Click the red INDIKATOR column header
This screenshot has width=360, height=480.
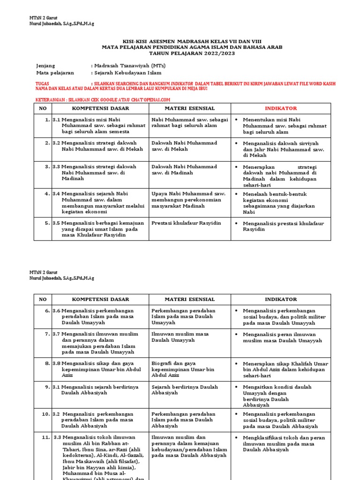[x=281, y=108]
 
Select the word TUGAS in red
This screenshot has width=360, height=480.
[x=42, y=83]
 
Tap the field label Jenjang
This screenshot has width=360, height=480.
[x=45, y=66]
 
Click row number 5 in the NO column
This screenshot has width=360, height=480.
[x=47, y=224]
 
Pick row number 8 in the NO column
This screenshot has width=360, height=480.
[x=47, y=363]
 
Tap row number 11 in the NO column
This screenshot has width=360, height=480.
[x=45, y=437]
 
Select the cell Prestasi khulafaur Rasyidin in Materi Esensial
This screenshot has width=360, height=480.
[x=186, y=224]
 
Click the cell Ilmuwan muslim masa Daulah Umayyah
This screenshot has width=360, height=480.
[x=180, y=337]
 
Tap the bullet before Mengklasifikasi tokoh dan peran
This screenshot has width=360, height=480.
[x=238, y=437]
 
